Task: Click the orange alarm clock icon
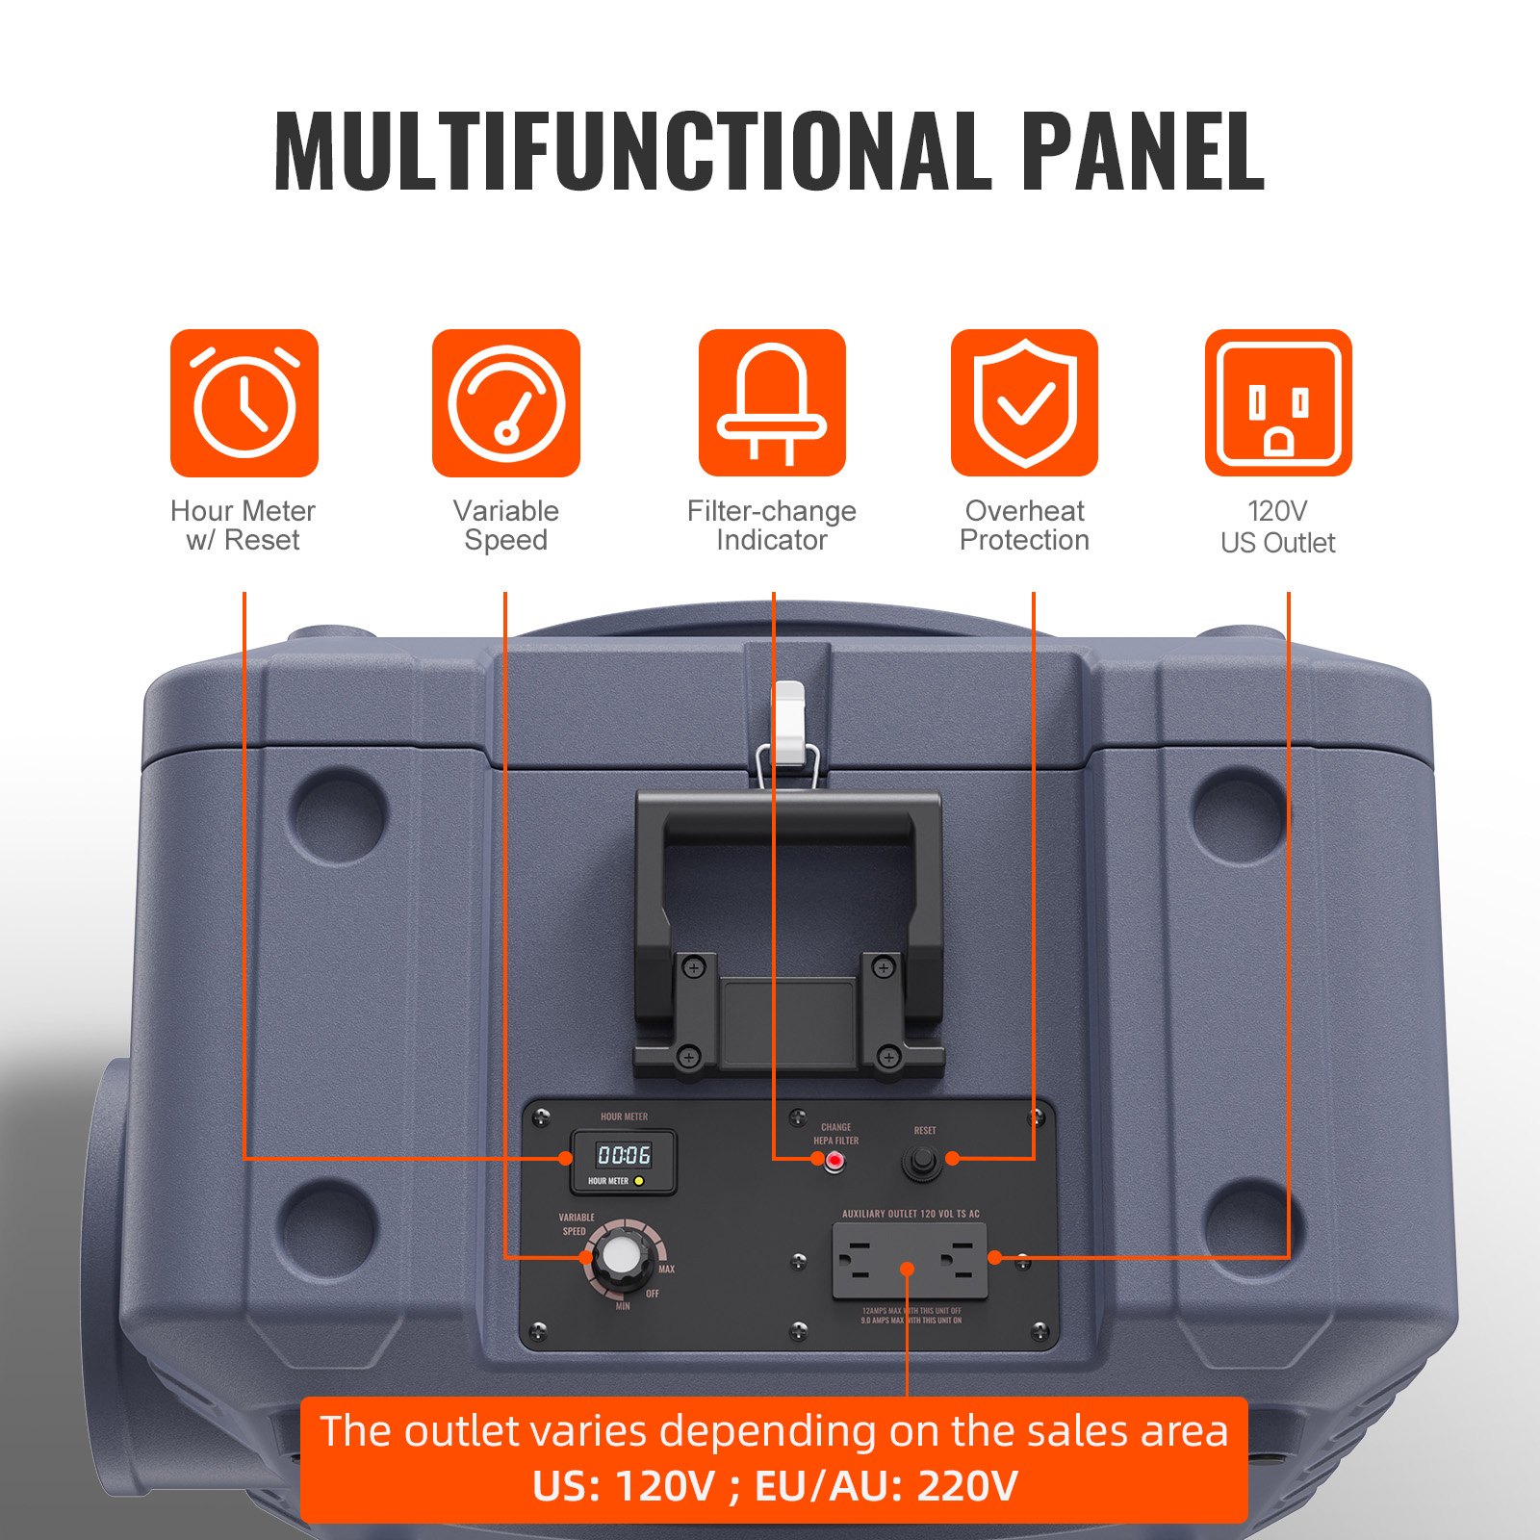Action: coord(244,403)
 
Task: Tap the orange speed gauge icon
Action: coord(506,403)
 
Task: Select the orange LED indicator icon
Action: coord(772,403)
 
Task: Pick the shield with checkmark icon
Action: coord(1024,403)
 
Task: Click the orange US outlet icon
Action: coord(1278,403)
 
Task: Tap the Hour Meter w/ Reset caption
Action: coord(243,526)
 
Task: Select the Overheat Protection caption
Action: coord(1024,526)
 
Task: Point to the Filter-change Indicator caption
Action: coord(772,526)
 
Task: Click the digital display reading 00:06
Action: coord(624,1154)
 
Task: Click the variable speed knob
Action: coord(618,1257)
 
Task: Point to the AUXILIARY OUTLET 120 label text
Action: coord(911,1214)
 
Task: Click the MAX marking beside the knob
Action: coord(666,1270)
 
